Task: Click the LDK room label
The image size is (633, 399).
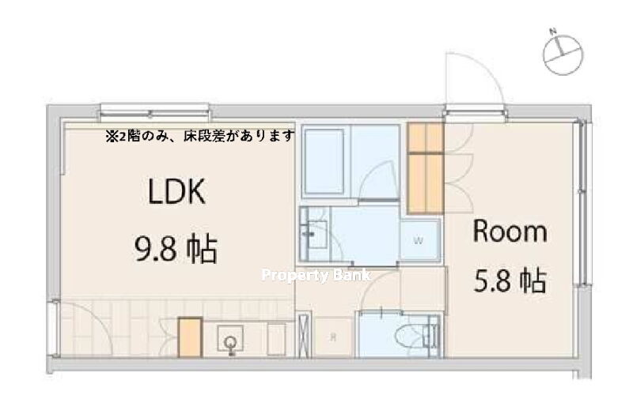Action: [x=177, y=191]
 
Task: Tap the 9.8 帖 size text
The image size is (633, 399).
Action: [x=176, y=249]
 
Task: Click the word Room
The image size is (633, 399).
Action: [x=510, y=231]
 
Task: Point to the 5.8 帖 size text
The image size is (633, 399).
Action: [x=510, y=280]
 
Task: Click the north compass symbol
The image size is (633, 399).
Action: [x=563, y=52]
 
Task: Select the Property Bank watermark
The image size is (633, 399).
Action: [x=316, y=275]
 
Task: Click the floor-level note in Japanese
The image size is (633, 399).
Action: [x=201, y=137]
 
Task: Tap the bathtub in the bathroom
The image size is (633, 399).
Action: [x=324, y=161]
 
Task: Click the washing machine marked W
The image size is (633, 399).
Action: [x=419, y=241]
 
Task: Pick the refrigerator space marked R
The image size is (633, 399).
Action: [x=333, y=337]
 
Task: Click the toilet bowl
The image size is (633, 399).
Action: [x=411, y=335]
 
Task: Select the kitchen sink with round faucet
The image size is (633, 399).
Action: [x=230, y=339]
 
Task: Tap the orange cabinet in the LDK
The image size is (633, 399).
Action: [x=190, y=337]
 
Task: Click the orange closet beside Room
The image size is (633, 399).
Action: [x=426, y=168]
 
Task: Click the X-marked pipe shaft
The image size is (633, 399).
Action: [x=305, y=334]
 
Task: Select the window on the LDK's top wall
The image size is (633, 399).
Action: [x=154, y=112]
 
